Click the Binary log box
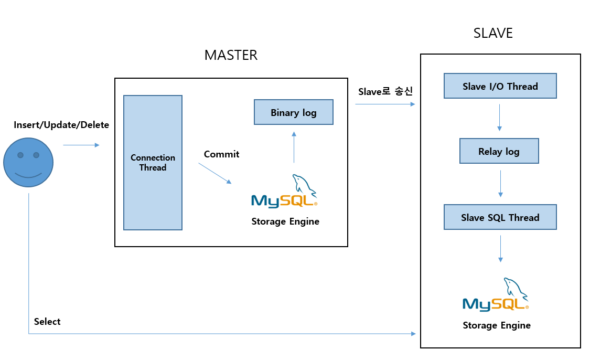point(293,112)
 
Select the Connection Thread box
point(153,163)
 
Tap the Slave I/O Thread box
point(500,86)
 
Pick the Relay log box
point(499,151)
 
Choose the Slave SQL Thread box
point(500,217)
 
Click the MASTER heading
point(231,55)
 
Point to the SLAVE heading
point(492,34)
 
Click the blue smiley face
point(28,161)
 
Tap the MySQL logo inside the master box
point(285,192)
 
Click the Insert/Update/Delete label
point(61,125)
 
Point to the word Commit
point(221,154)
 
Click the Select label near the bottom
point(47,321)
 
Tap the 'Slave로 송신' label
point(385,91)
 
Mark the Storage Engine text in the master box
point(285,221)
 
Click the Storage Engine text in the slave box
point(497,325)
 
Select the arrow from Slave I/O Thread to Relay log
point(499,118)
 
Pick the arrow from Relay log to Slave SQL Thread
point(500,183)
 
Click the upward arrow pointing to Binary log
point(294,147)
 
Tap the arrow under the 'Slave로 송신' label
point(385,104)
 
